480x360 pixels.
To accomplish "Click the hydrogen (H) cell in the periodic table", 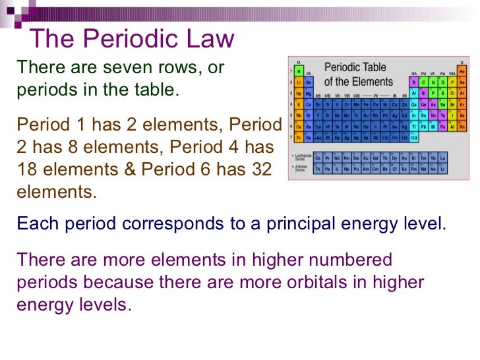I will tap(299, 71).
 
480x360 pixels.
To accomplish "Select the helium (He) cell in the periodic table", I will tap(462, 71).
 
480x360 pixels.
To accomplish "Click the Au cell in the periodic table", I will tap(395, 127).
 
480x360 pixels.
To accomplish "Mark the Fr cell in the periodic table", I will tap(299, 138).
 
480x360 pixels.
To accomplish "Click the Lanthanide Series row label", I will tap(300, 159).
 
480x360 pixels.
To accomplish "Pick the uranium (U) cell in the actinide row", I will tap(338, 169).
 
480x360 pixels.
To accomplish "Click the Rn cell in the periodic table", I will tap(462, 127).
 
